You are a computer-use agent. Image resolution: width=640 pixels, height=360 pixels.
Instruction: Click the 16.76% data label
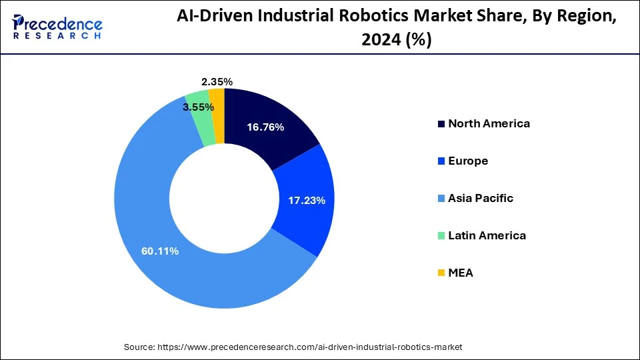pyautogui.click(x=265, y=127)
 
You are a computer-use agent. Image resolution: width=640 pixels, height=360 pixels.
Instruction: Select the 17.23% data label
pyautogui.click(x=306, y=200)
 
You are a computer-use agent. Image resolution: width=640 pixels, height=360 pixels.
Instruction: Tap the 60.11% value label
pyautogui.click(x=159, y=251)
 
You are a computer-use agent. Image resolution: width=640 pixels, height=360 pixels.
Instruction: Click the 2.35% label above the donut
pyautogui.click(x=217, y=81)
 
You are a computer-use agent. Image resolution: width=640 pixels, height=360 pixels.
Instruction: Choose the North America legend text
pyautogui.click(x=489, y=123)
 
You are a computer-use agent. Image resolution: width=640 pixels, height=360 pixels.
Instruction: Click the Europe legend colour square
pyautogui.click(x=441, y=161)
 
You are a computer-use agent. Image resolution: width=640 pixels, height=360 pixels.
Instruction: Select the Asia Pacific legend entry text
pyautogui.click(x=481, y=198)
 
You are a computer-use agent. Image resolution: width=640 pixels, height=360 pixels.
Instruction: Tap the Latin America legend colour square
pyautogui.click(x=441, y=236)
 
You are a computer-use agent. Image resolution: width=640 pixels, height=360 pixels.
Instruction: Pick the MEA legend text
pyautogui.click(x=460, y=273)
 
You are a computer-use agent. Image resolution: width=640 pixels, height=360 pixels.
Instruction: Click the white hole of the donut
pyautogui.click(x=224, y=198)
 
